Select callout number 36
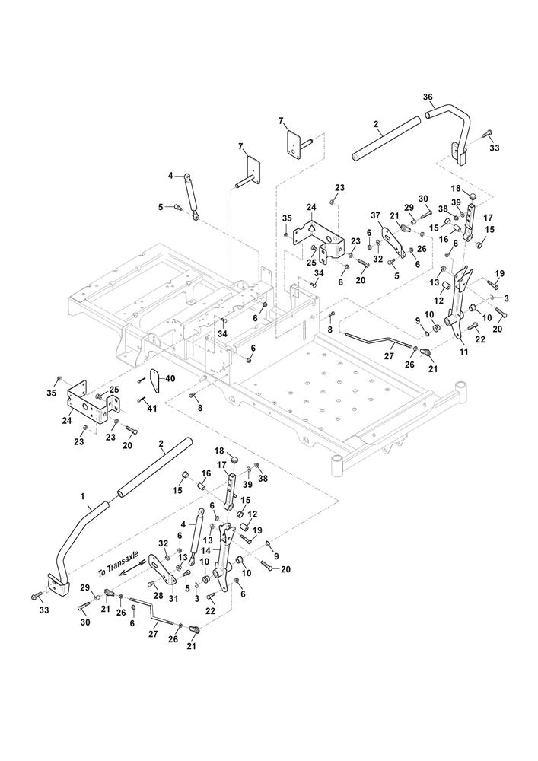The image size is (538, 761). click(428, 97)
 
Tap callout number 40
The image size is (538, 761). click(170, 379)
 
